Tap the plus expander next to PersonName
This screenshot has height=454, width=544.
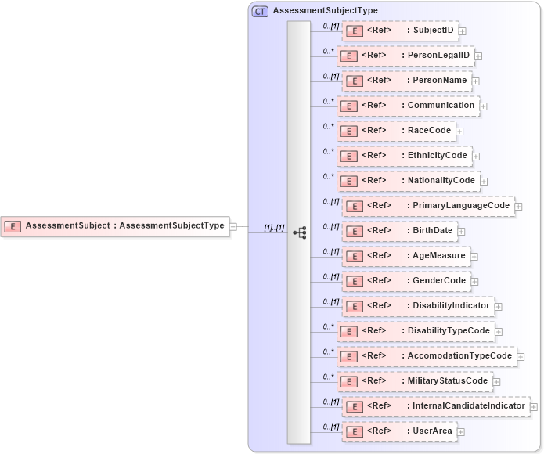click(476, 81)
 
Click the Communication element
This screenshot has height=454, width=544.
click(408, 106)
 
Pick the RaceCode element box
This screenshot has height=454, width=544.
click(397, 131)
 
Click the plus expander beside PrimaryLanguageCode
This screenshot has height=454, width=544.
click(518, 207)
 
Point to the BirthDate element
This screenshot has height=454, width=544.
click(400, 231)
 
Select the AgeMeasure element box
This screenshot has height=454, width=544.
click(406, 256)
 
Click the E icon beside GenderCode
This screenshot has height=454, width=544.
click(353, 281)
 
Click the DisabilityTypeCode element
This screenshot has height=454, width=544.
click(416, 331)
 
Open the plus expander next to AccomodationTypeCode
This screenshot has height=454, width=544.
click(521, 357)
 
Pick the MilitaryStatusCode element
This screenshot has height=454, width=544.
click(415, 381)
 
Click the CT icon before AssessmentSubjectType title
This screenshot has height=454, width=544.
click(260, 11)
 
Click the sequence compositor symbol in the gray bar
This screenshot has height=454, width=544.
click(299, 232)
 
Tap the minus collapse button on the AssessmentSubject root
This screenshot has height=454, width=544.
click(233, 226)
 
